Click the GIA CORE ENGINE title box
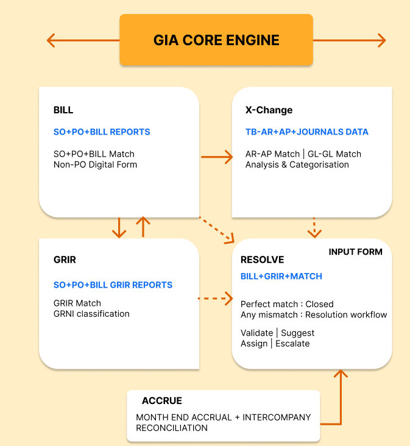[216, 40]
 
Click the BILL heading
[63, 110]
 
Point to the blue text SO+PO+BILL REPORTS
[102, 132]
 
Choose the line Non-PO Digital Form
[95, 164]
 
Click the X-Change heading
[269, 110]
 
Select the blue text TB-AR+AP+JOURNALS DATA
[306, 132]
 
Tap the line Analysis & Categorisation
[297, 164]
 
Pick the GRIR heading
[65, 260]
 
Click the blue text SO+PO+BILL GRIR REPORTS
[113, 285]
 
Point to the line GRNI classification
[91, 314]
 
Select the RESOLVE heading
[262, 260]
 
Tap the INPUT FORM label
[356, 252]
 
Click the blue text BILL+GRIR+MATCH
[281, 276]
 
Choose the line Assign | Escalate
[275, 343]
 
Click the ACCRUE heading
[161, 401]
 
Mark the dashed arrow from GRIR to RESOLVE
[216, 299]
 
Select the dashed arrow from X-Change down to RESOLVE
[314, 227]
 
